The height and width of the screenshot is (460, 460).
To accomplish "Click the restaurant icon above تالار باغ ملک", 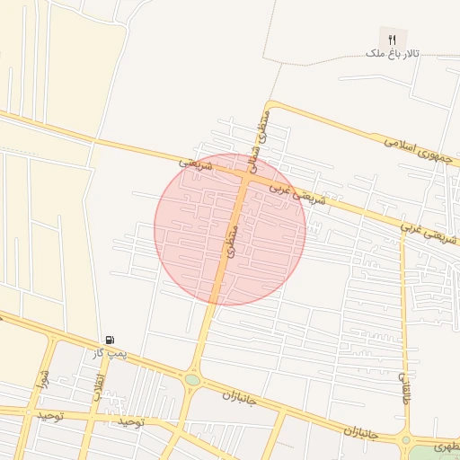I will [x=392, y=40].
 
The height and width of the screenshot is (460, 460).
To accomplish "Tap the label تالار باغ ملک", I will [x=392, y=54].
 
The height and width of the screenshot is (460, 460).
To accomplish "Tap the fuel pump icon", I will [x=110, y=340].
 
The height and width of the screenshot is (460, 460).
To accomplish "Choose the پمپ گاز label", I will [x=110, y=353].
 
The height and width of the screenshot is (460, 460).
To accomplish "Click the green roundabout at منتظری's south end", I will [x=192, y=380].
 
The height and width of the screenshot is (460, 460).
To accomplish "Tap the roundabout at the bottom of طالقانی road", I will [x=407, y=440].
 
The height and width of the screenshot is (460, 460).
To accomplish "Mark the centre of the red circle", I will [x=230, y=229].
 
